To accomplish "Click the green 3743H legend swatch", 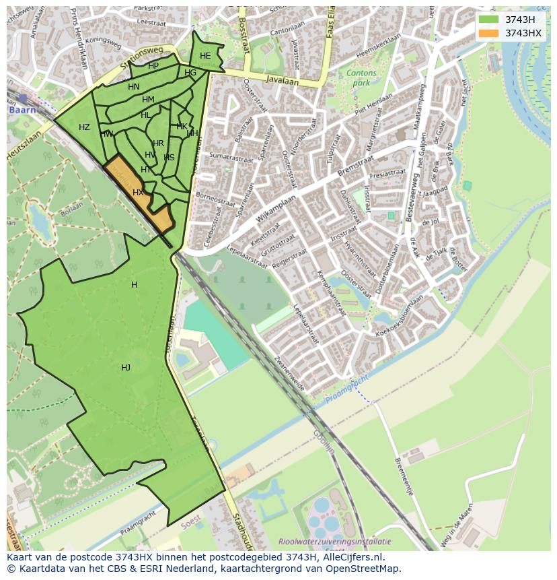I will click(x=489, y=20).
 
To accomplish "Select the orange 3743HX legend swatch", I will click(x=489, y=33).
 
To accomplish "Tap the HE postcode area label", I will click(x=205, y=56).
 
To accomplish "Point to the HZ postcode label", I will click(x=84, y=127).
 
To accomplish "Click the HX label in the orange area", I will click(x=138, y=193).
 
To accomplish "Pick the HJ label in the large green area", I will click(x=126, y=367).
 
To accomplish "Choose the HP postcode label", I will click(x=153, y=66).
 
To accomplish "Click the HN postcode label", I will click(x=134, y=87).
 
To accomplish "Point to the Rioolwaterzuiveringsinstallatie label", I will click(x=334, y=541).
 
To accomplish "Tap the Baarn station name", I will click(x=21, y=109).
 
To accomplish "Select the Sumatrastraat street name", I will click(x=227, y=155).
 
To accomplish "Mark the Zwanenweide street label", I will click(x=291, y=372).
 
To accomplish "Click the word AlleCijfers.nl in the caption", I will click(x=353, y=558).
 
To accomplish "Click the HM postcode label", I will click(x=148, y=100).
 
